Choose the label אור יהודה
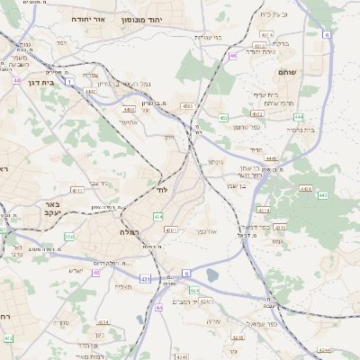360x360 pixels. [87, 18]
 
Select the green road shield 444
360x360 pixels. [297, 116]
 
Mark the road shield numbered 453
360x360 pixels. [223, 118]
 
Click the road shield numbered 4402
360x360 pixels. [90, 90]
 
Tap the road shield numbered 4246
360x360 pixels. [323, 350]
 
